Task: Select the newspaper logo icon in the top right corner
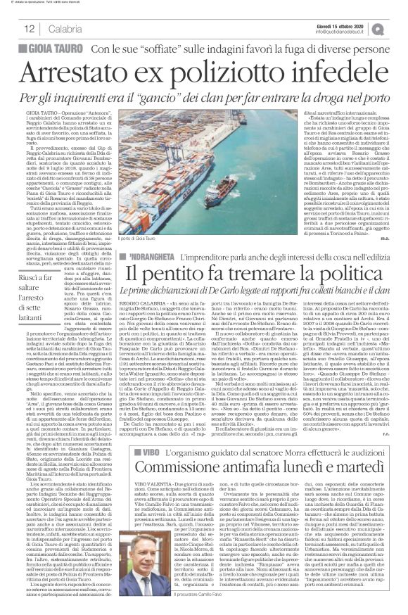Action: (397, 27)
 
